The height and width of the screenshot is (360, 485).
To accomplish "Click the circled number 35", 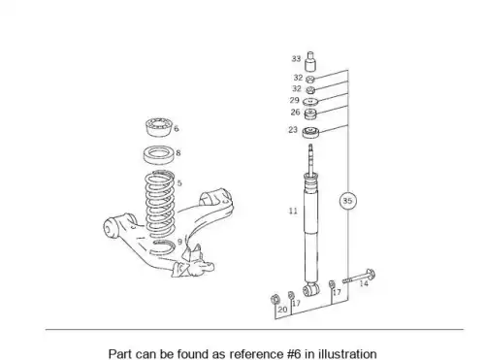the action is click(x=347, y=201).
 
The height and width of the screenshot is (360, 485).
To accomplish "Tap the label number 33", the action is click(x=296, y=59).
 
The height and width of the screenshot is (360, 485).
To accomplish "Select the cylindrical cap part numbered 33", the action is click(x=310, y=61).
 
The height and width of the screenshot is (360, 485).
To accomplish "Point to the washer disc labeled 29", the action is click(x=310, y=102).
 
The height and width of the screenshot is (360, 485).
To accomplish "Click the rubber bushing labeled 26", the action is click(x=310, y=114).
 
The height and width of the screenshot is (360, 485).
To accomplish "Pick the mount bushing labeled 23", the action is click(x=310, y=132).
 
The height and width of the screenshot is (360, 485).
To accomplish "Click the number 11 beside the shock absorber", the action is click(x=293, y=212).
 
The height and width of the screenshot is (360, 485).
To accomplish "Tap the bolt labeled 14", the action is click(x=359, y=277).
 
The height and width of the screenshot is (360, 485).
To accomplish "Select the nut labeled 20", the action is click(x=275, y=300).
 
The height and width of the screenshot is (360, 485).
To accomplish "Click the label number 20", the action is click(x=282, y=310).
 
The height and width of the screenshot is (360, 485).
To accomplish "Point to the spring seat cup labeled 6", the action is click(x=159, y=127).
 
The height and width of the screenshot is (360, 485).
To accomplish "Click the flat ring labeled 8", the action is click(x=158, y=155).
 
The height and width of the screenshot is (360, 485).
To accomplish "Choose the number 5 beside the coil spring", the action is click(x=179, y=183).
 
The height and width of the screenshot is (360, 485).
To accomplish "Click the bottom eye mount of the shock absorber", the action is click(x=311, y=289).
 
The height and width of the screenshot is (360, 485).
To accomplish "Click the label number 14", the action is click(x=364, y=283).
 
